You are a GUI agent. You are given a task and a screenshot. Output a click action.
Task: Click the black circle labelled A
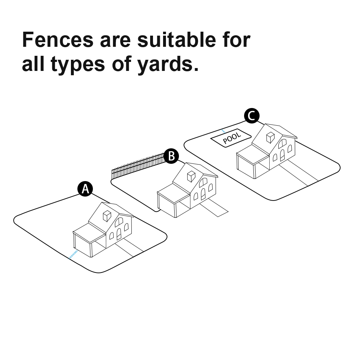(85, 189)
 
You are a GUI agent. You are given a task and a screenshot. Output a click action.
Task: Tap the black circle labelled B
(171, 156)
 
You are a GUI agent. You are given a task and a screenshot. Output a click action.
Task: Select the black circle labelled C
(252, 116)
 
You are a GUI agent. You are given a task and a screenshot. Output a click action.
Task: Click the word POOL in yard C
(232, 138)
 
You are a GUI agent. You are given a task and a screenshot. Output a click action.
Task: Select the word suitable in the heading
(176, 40)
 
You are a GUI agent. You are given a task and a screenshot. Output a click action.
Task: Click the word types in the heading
(78, 65)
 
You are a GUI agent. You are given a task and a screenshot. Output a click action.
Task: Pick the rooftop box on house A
(107, 216)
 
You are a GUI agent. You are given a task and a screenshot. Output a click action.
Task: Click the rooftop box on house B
(191, 176)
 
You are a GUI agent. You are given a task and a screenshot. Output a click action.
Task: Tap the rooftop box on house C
(270, 138)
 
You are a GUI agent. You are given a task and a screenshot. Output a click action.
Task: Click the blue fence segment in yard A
(73, 255)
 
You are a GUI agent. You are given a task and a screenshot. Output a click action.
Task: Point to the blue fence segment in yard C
(223, 131)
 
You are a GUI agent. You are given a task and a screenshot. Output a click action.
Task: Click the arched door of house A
(119, 234)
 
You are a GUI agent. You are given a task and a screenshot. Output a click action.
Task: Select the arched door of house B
(203, 194)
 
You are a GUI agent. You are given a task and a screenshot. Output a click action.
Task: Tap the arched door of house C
(282, 155)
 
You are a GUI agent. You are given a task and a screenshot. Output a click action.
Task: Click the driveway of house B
(214, 208)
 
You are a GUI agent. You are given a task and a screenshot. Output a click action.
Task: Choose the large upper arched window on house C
(282, 144)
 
